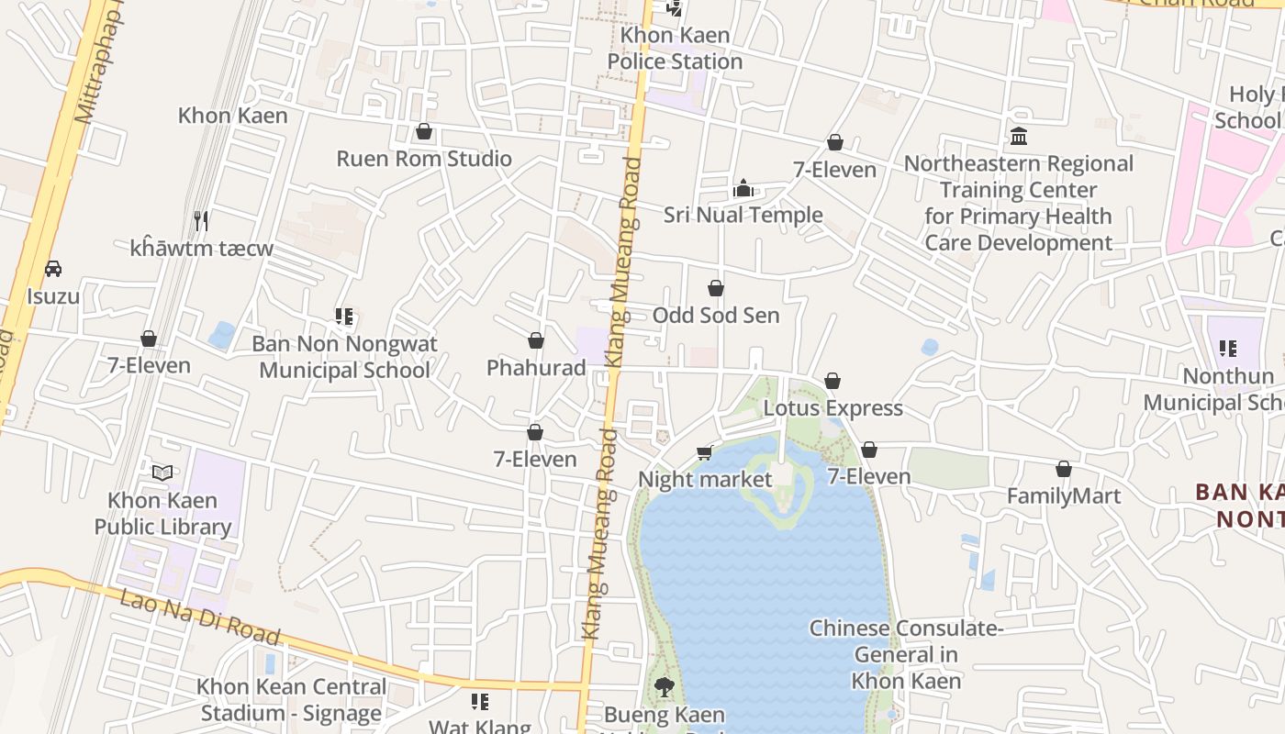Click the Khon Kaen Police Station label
coord(675,49)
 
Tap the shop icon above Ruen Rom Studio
coord(424,132)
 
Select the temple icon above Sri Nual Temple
coord(743,189)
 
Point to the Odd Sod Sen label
coord(716,316)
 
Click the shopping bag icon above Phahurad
coord(536,341)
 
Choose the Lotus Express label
coord(833,408)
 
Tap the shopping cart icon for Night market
coord(705,452)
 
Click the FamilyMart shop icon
coord(1064,470)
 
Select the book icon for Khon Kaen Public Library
coord(162,473)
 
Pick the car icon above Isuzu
coord(53,270)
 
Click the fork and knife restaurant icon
coord(202,221)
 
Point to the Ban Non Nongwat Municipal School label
coord(344,357)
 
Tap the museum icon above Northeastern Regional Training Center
coord(1019,137)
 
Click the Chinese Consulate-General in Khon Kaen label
coord(906,654)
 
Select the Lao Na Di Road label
coord(200,616)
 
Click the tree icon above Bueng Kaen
coord(664,687)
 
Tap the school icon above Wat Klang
coord(480,702)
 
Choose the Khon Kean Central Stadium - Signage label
coord(291,699)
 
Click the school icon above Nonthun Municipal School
coord(1228,349)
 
